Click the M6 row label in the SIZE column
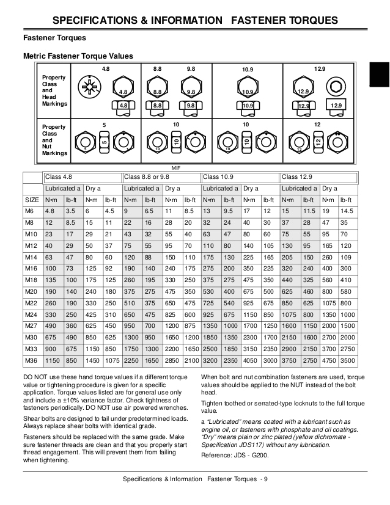point(29,211)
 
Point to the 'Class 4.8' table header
point(59,176)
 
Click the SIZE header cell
point(32,200)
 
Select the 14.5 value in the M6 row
point(347,211)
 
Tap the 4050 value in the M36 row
point(249,360)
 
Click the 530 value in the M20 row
point(209,291)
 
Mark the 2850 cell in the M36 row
point(172,360)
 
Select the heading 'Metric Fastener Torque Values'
point(78,56)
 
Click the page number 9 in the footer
point(266,478)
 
